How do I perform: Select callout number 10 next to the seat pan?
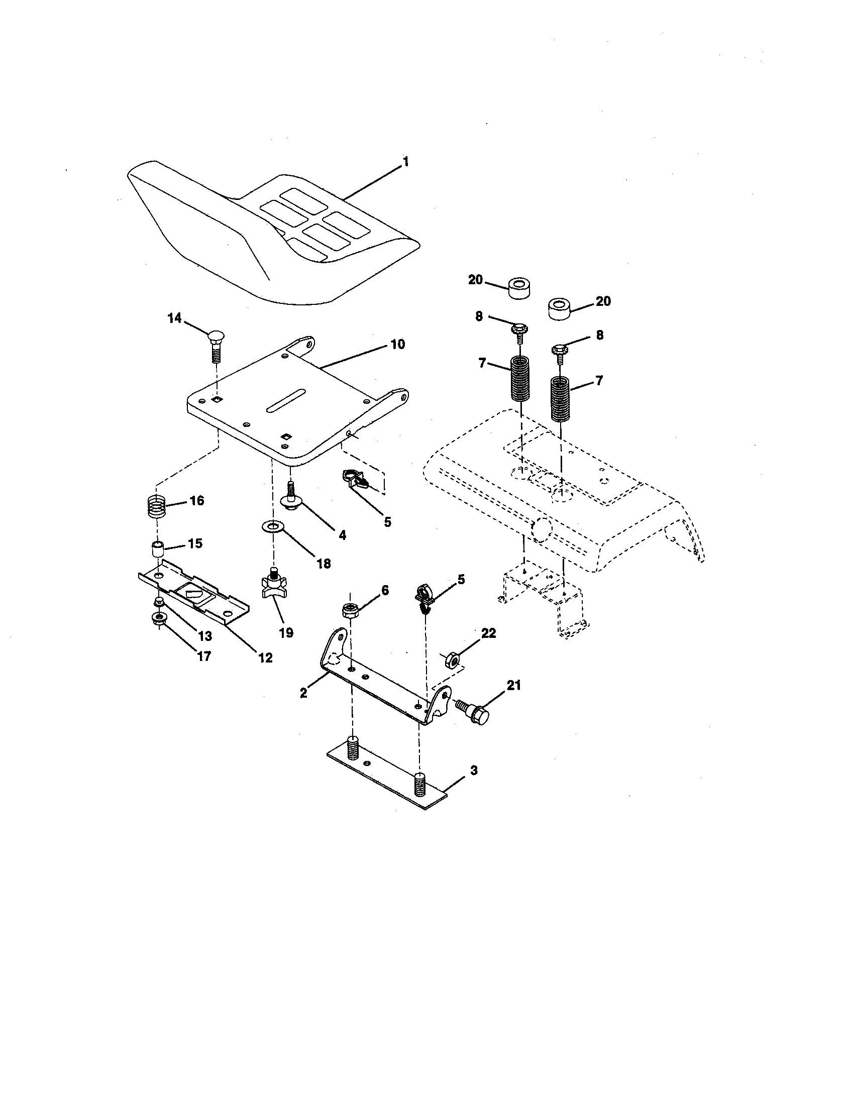(398, 345)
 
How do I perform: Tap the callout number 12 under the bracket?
(265, 658)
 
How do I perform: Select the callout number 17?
(204, 656)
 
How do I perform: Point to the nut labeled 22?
(452, 660)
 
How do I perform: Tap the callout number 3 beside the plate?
(474, 770)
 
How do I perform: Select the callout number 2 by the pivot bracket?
(303, 693)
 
